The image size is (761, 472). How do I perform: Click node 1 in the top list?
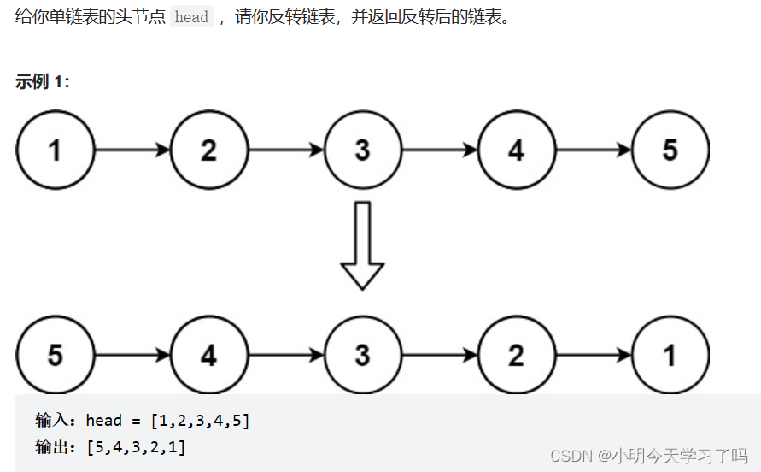[x=56, y=150]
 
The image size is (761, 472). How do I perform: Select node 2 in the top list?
[x=209, y=150]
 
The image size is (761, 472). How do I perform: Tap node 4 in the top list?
[x=516, y=150]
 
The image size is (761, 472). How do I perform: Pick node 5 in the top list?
[x=670, y=150]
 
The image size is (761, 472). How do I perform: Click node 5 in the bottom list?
[x=56, y=355]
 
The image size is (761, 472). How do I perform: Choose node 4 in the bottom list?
[x=209, y=355]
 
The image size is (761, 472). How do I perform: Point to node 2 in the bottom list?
[x=516, y=355]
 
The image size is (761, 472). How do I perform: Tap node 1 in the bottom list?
[x=670, y=355]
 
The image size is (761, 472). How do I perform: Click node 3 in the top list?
[x=362, y=150]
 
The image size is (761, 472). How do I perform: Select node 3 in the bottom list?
[x=362, y=355]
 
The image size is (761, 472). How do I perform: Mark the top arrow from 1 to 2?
[x=132, y=150]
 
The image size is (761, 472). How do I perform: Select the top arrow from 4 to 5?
[x=593, y=150]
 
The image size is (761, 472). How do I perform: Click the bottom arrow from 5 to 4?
[x=132, y=355]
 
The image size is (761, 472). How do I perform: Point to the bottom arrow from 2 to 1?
[x=593, y=355]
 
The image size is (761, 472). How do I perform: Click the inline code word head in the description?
[x=191, y=18]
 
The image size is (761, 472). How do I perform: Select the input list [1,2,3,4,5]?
[x=200, y=420]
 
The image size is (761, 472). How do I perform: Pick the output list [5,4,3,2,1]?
[x=136, y=446]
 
